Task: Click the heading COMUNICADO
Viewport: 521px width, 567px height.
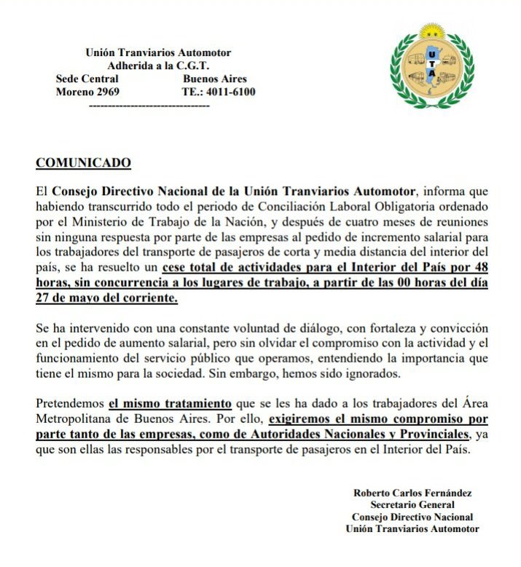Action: click(x=84, y=162)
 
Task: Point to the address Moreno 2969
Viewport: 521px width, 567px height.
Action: click(x=87, y=92)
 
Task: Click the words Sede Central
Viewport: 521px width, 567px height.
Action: click(x=86, y=79)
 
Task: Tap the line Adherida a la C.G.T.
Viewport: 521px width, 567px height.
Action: click(x=158, y=66)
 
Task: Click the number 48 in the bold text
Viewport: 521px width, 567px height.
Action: click(x=479, y=269)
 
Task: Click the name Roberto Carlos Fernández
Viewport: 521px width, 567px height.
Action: click(x=412, y=493)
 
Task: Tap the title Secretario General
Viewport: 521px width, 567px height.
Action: click(x=412, y=505)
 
